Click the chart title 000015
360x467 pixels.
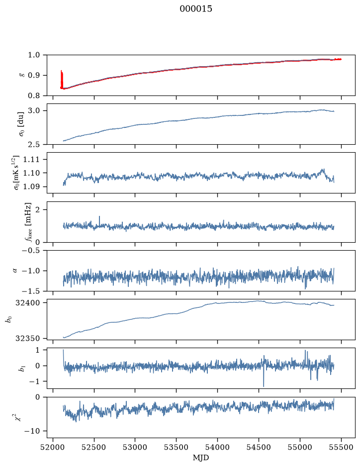195,9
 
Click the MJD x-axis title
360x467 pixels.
201,458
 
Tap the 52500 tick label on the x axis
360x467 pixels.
94,447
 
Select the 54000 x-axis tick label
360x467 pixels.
217,447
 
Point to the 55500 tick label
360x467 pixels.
341,447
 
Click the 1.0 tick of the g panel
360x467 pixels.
34,55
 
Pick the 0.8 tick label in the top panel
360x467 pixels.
34,95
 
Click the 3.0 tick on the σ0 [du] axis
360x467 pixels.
34,111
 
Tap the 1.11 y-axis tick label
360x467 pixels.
31,160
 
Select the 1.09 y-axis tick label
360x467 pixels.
31,187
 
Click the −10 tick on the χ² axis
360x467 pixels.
33,431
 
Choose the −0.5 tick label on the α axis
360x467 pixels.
31,251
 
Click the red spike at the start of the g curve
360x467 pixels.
61,79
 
